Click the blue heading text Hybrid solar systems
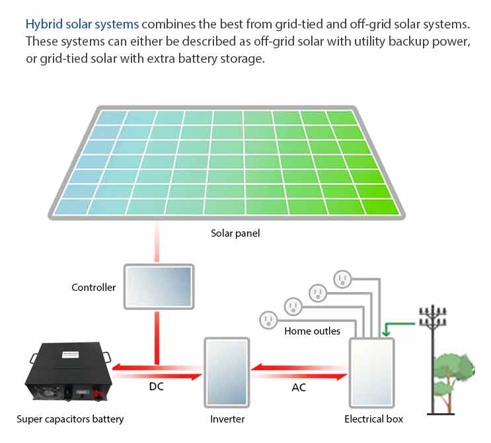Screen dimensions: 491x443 (x=82, y=24)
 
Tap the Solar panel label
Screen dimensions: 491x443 (x=235, y=233)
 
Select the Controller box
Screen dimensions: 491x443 (x=159, y=287)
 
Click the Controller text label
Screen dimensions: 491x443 (x=94, y=288)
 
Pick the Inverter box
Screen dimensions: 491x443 (x=227, y=372)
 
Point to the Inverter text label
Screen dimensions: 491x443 (x=227, y=419)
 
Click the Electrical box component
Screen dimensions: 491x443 (x=371, y=372)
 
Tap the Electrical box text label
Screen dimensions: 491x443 (x=373, y=419)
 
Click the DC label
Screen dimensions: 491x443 (x=156, y=387)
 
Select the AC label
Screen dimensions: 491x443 (x=299, y=387)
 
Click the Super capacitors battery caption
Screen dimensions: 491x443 (x=70, y=419)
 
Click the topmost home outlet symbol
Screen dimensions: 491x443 (x=342, y=279)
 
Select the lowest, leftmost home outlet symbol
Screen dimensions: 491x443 (x=268, y=320)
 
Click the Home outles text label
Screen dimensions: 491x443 (x=312, y=331)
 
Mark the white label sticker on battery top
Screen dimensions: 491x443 (x=71, y=354)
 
